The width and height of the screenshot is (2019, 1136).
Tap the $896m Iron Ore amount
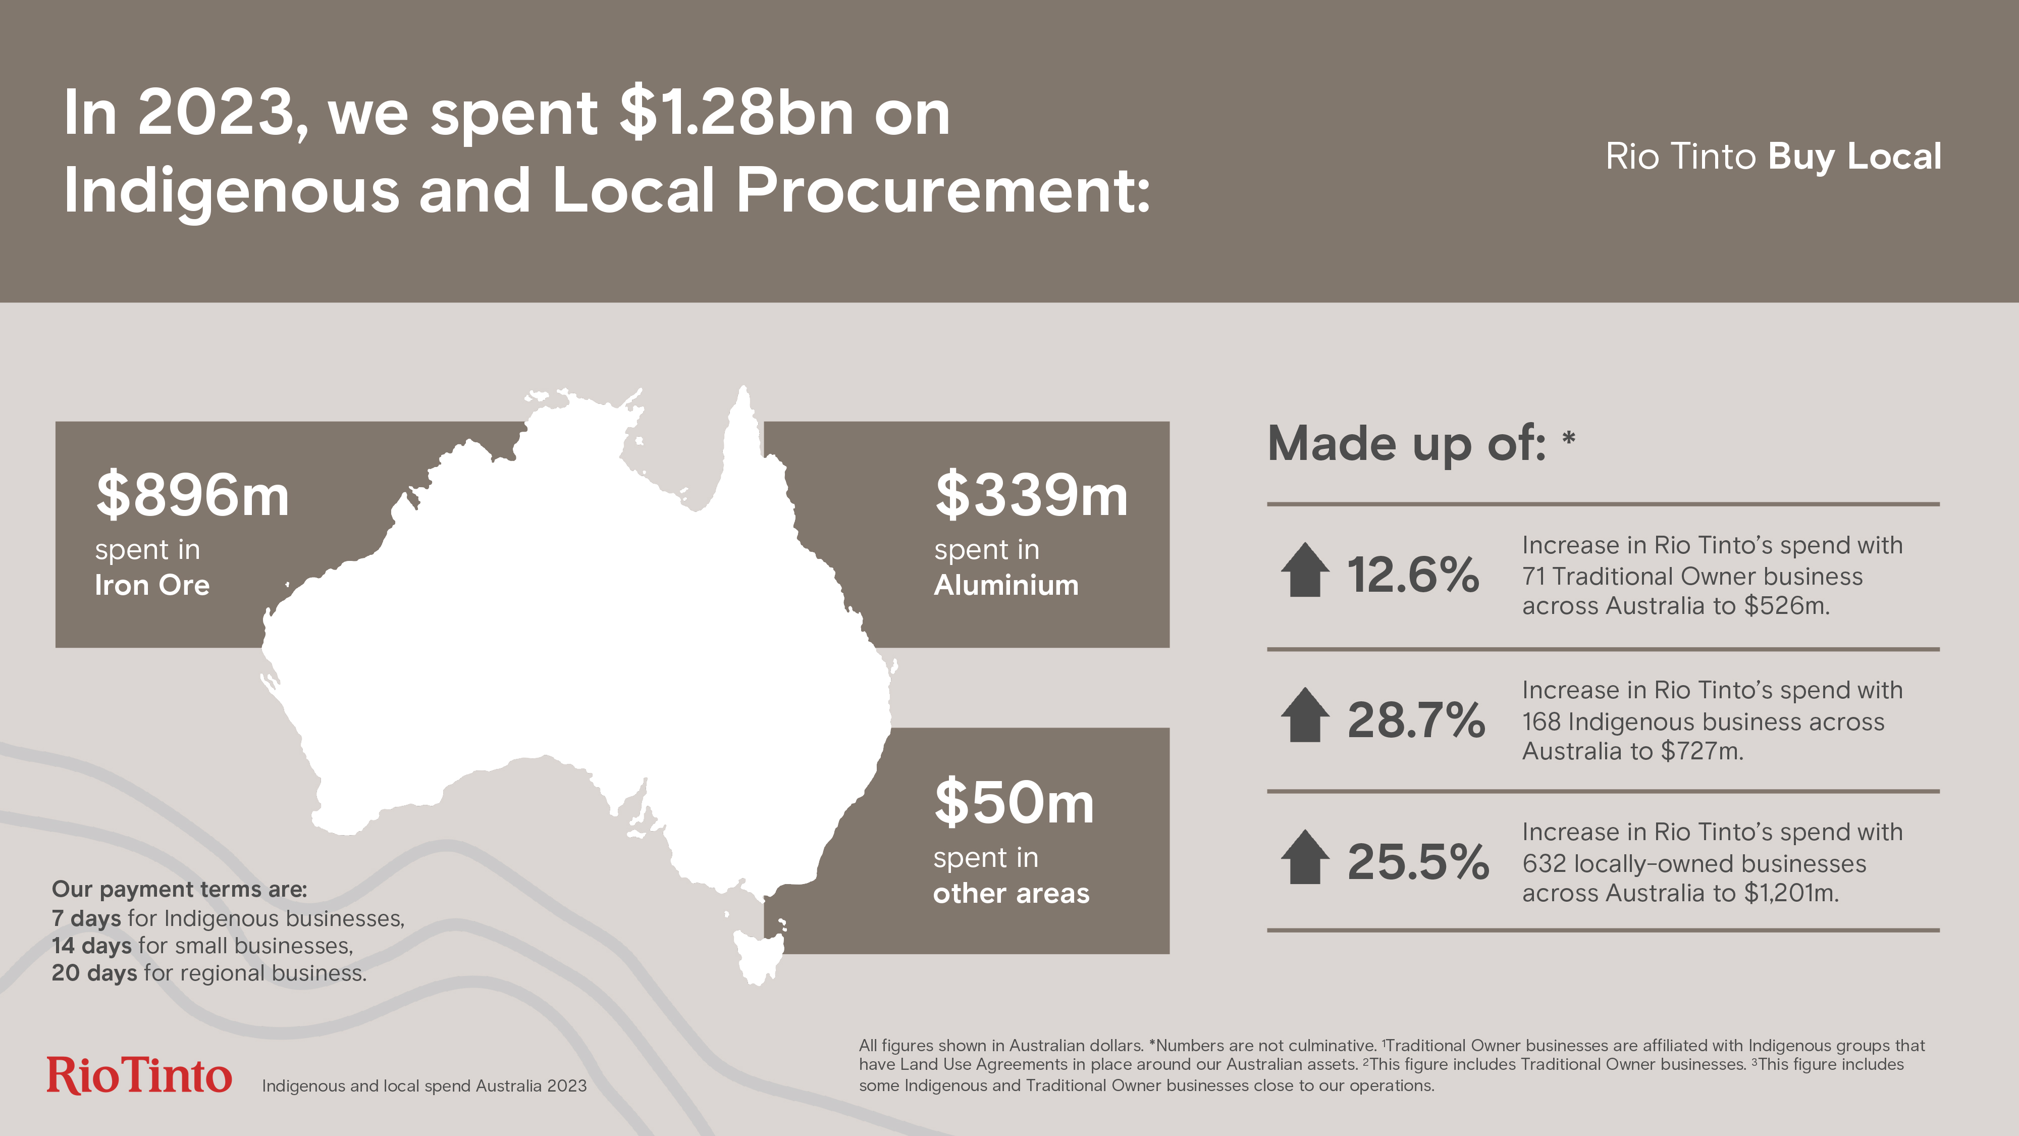192,495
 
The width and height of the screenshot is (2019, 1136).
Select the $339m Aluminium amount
1031,495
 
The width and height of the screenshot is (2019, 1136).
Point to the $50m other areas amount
1014,802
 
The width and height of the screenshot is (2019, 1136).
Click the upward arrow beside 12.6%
1305,570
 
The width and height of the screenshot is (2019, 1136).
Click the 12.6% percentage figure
1412,575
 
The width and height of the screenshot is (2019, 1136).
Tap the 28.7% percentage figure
1415,719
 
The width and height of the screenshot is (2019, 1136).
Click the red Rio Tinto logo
139,1075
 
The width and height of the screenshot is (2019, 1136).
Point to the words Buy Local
1854,157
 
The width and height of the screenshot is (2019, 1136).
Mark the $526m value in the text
1786,606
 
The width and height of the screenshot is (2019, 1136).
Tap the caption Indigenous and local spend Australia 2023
424,1086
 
